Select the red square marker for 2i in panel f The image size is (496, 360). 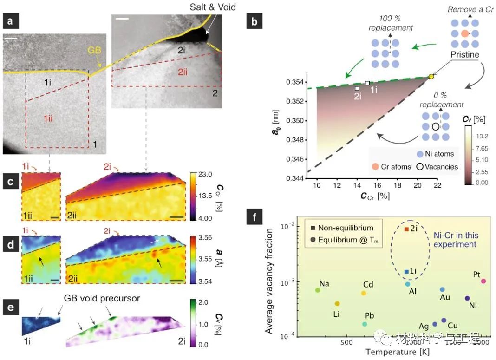pyautogui.click(x=406, y=229)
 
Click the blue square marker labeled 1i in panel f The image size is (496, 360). pyautogui.click(x=406, y=271)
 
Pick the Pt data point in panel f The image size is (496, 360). pyautogui.click(x=483, y=281)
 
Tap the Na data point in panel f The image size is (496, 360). pyautogui.click(x=318, y=290)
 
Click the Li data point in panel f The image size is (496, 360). pyautogui.click(x=337, y=304)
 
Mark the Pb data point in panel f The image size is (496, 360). pyautogui.click(x=365, y=324)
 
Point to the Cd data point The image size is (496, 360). pyautogui.click(x=364, y=293)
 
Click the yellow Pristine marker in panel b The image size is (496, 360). pyautogui.click(x=431, y=77)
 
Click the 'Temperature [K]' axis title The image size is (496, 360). pyautogui.click(x=398, y=352)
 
